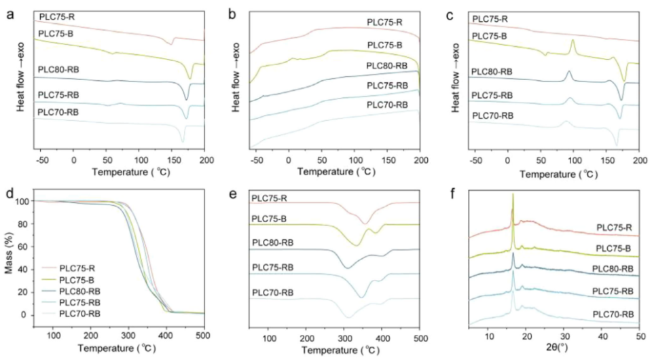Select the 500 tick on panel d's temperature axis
click(203, 335)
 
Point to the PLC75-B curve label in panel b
click(385, 46)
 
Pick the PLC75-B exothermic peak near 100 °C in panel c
click(573, 42)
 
